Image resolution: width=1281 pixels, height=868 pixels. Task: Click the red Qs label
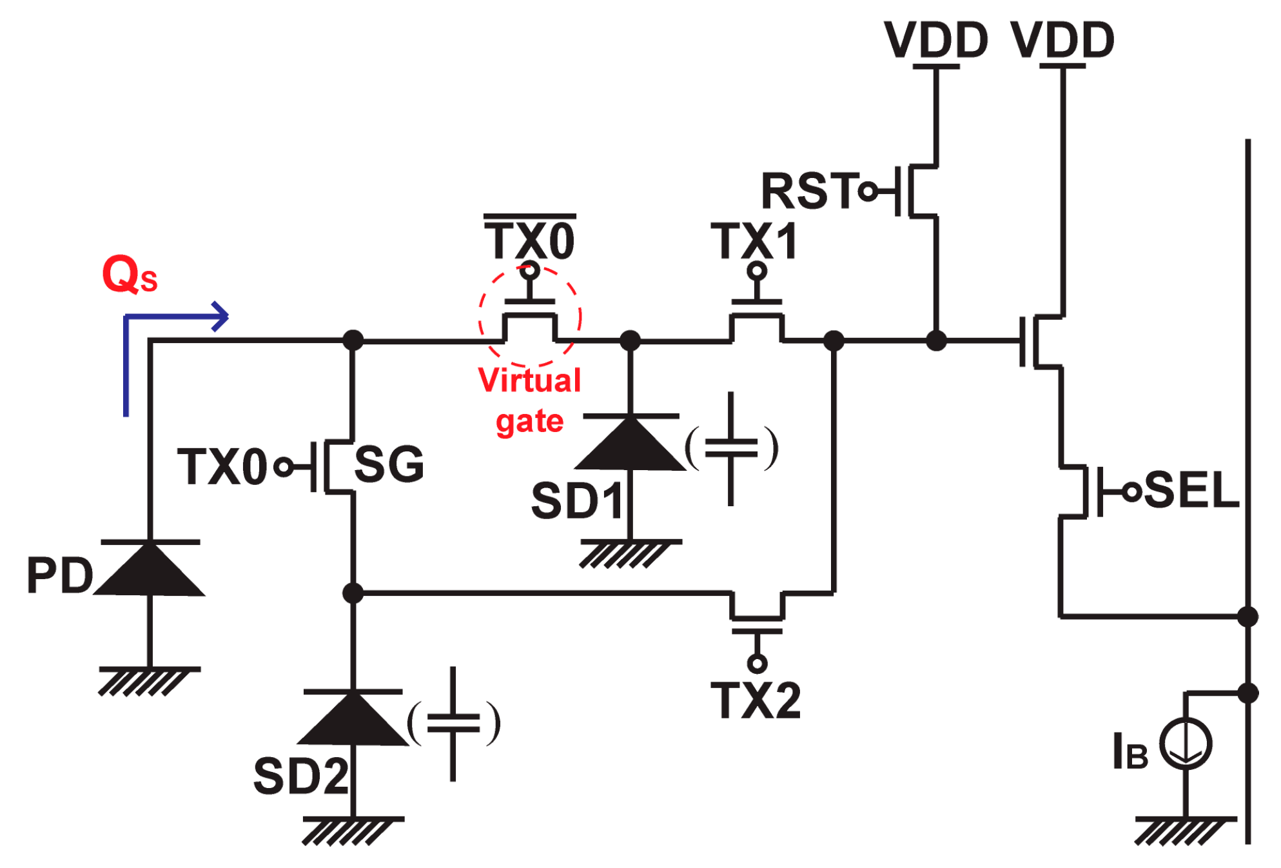pyautogui.click(x=129, y=275)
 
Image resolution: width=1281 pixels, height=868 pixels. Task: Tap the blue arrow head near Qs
pyautogui.click(x=221, y=317)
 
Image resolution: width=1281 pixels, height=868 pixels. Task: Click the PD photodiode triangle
pyautogui.click(x=150, y=570)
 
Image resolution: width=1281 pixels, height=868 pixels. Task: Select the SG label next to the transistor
pyautogui.click(x=389, y=464)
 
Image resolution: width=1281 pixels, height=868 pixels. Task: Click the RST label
pyautogui.click(x=810, y=191)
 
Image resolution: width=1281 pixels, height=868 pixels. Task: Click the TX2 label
pyautogui.click(x=756, y=700)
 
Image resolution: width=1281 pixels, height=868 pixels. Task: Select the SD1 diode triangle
pyautogui.click(x=630, y=445)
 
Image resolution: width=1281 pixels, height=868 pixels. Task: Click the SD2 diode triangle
pyautogui.click(x=353, y=720)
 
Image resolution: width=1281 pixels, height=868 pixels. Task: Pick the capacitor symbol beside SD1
pyautogui.click(x=730, y=448)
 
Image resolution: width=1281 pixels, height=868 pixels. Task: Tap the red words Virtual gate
pyautogui.click(x=530, y=400)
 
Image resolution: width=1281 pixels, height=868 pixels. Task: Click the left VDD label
pyautogui.click(x=935, y=40)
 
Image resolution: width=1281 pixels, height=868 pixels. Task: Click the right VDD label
pyautogui.click(x=1062, y=40)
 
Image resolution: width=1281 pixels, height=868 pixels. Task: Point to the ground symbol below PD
pyautogui.click(x=148, y=681)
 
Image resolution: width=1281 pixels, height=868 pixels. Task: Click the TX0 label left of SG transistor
pyautogui.click(x=222, y=467)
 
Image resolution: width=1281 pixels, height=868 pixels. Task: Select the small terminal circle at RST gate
pyautogui.click(x=868, y=192)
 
